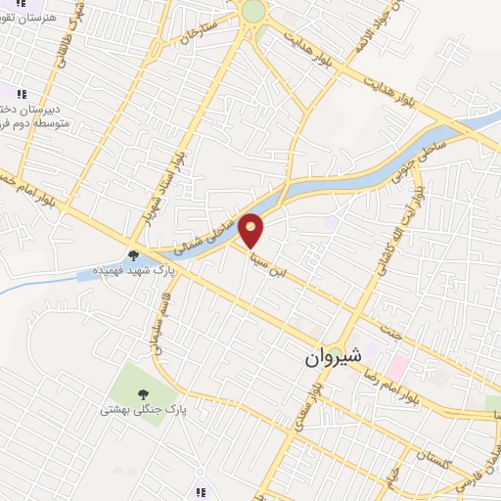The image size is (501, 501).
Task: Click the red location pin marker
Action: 252,230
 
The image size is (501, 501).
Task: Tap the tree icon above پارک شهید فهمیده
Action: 133,254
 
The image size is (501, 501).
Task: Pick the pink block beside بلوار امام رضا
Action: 396,367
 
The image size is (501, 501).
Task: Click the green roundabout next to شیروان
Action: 336,353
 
